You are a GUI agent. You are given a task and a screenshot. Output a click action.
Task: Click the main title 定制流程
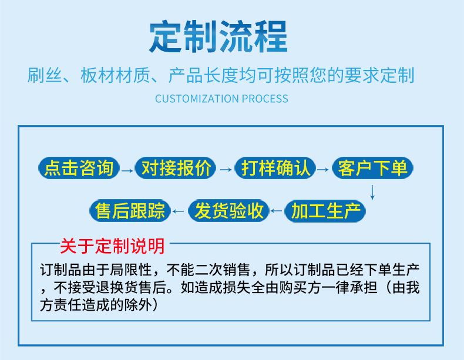tap(218, 36)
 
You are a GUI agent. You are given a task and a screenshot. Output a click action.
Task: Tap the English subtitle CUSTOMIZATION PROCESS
tap(221, 99)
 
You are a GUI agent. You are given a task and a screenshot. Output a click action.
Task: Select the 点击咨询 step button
tap(79, 168)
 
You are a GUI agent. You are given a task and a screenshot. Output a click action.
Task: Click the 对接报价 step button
tap(176, 168)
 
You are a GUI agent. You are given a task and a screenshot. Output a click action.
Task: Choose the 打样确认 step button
tap(275, 168)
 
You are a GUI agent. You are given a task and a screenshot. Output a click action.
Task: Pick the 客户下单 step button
tap(372, 168)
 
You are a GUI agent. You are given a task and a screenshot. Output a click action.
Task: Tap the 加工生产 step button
tap(325, 211)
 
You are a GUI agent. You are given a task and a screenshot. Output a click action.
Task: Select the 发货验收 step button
tap(228, 211)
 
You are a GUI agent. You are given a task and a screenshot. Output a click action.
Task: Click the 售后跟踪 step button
tap(130, 211)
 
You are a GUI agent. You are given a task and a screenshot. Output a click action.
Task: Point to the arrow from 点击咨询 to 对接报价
tap(127, 170)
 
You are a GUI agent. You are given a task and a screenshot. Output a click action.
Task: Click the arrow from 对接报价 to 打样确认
tap(226, 170)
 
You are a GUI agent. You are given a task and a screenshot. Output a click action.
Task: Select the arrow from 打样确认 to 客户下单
tap(323, 170)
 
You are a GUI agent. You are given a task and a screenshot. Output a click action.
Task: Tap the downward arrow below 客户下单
tap(372, 192)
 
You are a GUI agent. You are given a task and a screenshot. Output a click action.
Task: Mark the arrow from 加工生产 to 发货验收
tap(277, 211)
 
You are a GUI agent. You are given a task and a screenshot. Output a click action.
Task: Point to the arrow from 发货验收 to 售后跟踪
tap(178, 211)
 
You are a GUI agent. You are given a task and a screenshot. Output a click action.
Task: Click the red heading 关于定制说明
tap(112, 246)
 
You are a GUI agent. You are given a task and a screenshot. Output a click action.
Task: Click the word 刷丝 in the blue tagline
tap(45, 75)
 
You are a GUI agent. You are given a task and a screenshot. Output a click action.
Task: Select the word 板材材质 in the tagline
tap(115, 75)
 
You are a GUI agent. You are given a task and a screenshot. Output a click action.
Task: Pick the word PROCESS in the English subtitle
tap(265, 99)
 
